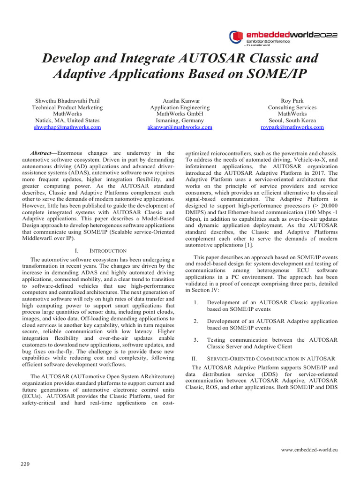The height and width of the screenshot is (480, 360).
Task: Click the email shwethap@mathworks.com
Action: pos(67,127)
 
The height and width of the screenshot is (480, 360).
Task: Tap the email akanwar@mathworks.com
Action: pos(180,127)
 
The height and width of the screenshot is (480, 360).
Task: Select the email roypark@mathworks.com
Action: pos(292,127)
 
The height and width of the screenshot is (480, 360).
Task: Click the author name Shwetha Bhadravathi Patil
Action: pos(67,101)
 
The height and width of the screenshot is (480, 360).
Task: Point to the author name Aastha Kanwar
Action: pos(180,101)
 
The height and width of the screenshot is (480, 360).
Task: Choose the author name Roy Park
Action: pos(292,101)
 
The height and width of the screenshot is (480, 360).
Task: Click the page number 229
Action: pos(25,464)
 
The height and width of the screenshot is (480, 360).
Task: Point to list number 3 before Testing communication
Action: pos(195,340)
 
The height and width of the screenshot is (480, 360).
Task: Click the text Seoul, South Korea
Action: pos(292,120)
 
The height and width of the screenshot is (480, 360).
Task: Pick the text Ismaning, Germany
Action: pos(180,120)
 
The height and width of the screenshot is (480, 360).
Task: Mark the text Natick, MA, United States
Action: pos(67,120)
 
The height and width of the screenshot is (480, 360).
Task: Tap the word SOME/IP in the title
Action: pos(276,75)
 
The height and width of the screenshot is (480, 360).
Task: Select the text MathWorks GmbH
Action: pos(180,114)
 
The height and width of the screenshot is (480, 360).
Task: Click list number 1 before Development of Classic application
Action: pos(195,302)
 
